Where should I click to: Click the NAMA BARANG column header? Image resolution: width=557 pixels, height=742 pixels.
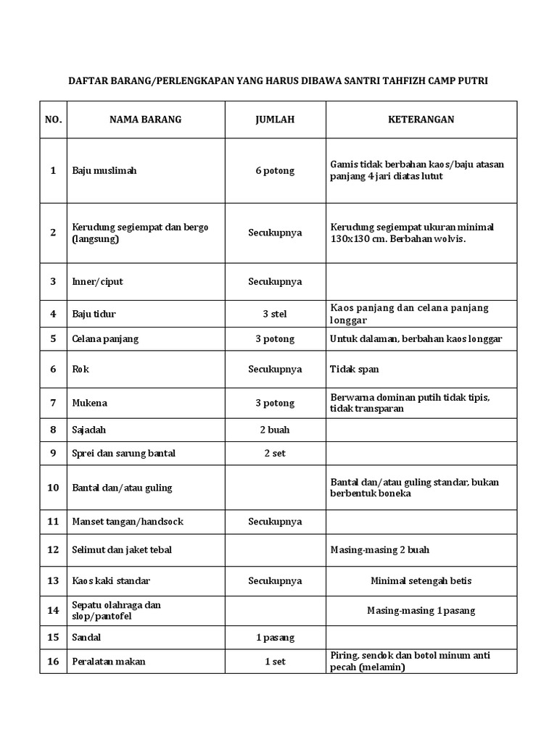pos(145,120)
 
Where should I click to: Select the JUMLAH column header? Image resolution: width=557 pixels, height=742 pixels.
pos(275,120)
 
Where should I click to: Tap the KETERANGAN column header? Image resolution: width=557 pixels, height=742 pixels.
pos(421,120)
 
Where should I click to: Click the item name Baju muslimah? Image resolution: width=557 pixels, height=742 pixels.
pos(104,171)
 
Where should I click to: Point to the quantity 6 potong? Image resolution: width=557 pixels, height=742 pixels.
pos(275,171)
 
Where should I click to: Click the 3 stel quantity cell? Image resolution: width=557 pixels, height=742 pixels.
pos(275,314)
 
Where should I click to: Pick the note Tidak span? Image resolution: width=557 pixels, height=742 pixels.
pos(355,370)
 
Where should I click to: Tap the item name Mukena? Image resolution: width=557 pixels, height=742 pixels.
pos(90,403)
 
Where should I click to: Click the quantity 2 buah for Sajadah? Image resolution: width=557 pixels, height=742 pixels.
pos(275,430)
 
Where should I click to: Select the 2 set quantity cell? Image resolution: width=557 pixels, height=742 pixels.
pos(275,454)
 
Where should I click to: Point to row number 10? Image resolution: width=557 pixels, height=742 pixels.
pos(53,488)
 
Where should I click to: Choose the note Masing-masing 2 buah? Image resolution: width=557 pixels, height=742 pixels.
pos(379,550)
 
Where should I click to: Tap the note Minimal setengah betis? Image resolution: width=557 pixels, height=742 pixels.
pos(421,581)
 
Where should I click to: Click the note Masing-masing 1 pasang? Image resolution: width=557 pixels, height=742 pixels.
pos(421,611)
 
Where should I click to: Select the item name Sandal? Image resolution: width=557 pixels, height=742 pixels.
pos(86,638)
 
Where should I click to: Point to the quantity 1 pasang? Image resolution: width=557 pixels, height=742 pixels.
pos(275,638)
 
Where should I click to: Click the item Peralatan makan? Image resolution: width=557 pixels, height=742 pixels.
pos(108,662)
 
